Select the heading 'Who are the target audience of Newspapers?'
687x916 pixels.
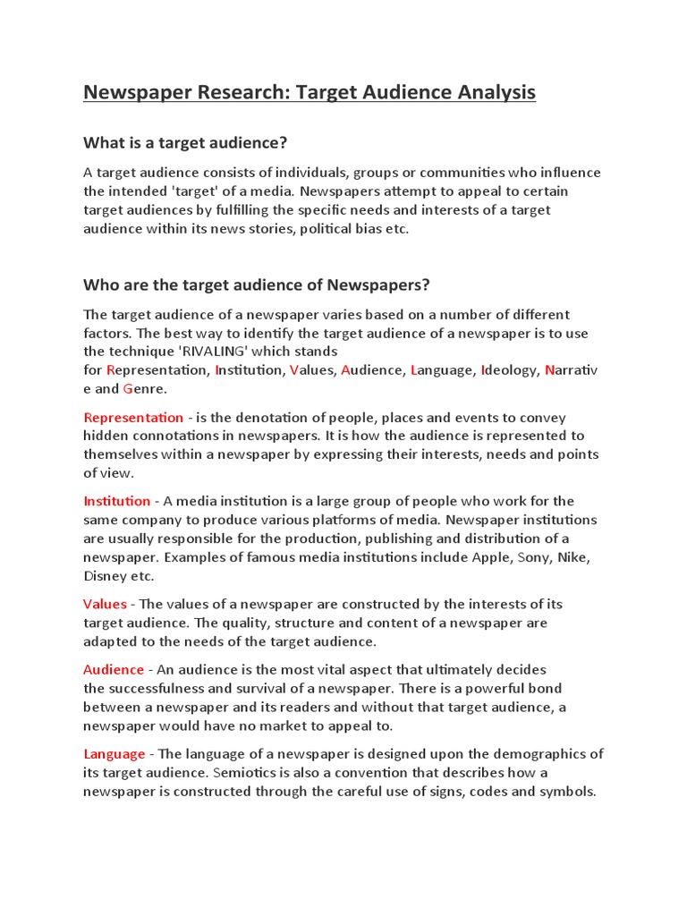[x=257, y=285]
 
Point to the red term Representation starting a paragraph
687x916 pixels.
[x=133, y=418]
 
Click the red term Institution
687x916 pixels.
[x=117, y=501]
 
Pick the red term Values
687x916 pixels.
[x=106, y=604]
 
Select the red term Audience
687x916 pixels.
[x=114, y=669]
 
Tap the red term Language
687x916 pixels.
[x=114, y=753]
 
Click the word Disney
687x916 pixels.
[x=106, y=576]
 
